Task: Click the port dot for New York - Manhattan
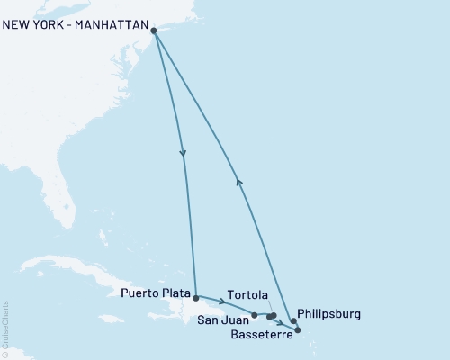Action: [155, 31]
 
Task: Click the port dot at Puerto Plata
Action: [195, 296]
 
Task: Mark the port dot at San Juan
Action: [255, 315]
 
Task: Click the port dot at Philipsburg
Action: [293, 321]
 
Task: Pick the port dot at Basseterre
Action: [298, 330]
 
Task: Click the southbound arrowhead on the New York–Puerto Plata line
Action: [184, 154]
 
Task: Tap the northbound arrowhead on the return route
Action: [238, 181]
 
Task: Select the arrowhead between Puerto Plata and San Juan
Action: [221, 301]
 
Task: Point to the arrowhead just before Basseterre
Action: [282, 323]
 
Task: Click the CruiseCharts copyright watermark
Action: [5, 328]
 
